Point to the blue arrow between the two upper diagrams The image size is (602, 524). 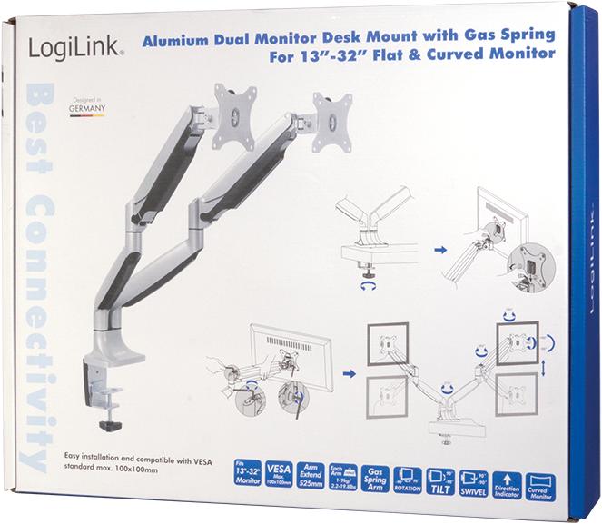tap(441, 247)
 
